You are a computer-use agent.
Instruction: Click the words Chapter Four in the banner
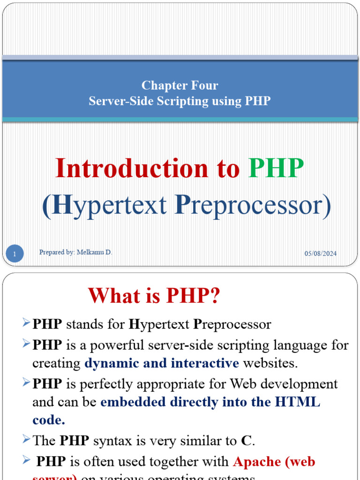point(180,86)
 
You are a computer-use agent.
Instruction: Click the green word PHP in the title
point(276,169)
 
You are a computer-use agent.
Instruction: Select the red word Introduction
point(132,169)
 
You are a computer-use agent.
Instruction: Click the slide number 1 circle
point(15,255)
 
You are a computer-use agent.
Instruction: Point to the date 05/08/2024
point(321,254)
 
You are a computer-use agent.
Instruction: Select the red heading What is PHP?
point(154,296)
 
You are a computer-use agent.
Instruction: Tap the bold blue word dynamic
point(109,363)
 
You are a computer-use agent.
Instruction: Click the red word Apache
point(257,462)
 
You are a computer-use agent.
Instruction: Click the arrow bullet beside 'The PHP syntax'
point(26,439)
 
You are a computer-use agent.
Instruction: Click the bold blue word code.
point(48,420)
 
